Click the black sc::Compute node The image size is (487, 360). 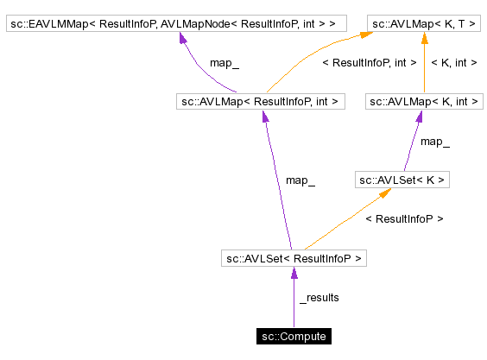pos(294,336)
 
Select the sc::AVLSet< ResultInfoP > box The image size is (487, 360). pos(294,257)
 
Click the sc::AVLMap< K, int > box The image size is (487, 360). pos(424,102)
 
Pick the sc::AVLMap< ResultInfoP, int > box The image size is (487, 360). pos(259,102)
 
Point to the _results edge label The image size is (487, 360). pos(319,298)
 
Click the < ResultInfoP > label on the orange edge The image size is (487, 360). pos(404,219)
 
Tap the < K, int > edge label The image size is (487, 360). pos(454,62)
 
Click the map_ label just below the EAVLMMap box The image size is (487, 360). pos(225,63)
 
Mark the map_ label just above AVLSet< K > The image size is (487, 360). pos(434,141)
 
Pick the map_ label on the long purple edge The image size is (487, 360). pos(300,180)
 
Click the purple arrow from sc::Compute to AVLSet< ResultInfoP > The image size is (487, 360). pos(294,298)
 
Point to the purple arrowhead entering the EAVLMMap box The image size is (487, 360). pos(183,40)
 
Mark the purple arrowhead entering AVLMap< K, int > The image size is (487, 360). pos(421,117)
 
